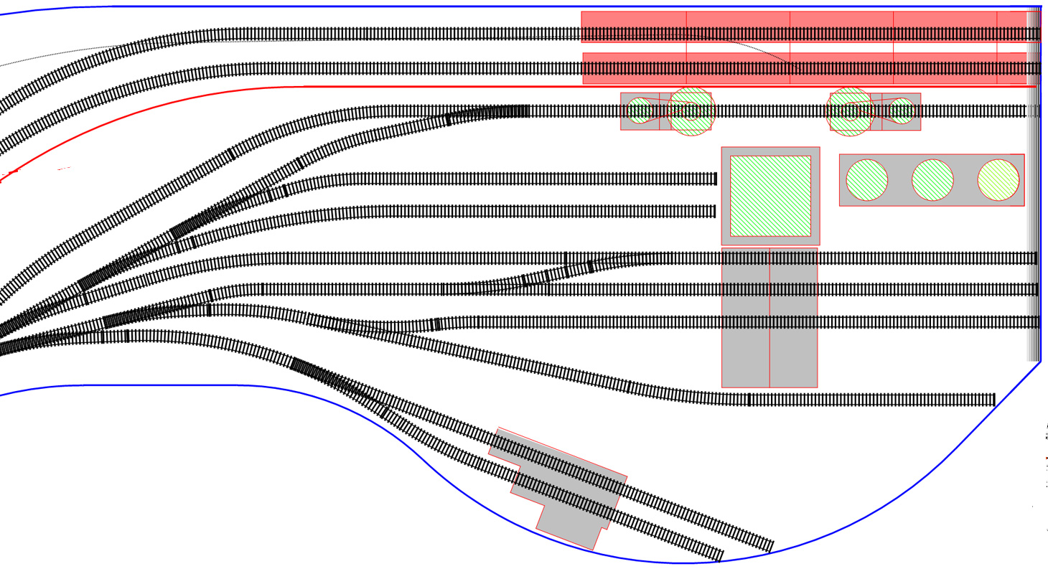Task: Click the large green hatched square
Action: click(770, 196)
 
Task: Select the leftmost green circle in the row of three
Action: click(867, 180)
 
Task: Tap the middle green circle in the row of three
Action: click(932, 180)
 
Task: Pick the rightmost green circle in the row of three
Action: click(998, 180)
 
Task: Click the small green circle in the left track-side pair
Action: click(639, 110)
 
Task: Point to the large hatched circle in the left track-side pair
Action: click(691, 111)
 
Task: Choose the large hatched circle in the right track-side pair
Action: click(850, 111)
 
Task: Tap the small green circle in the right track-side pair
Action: click(901, 110)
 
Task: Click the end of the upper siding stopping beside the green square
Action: click(714, 179)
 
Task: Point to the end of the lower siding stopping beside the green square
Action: click(714, 211)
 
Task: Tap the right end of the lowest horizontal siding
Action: click(993, 400)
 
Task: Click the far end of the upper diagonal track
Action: click(770, 546)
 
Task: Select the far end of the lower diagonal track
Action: click(720, 555)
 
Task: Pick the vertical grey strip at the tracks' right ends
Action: click(1034, 215)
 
